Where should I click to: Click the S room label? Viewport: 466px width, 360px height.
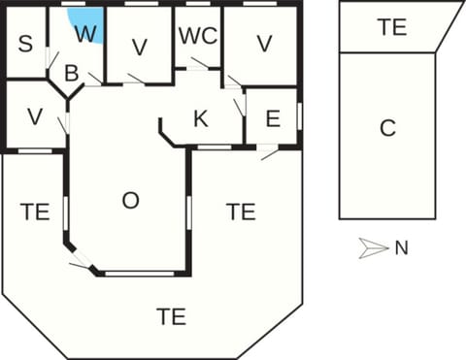(25, 44)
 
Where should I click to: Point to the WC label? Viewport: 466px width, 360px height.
(197, 36)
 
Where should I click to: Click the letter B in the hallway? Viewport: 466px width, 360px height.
(71, 73)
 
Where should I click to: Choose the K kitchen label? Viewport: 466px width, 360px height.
(201, 119)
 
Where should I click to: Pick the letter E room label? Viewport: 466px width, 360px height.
(272, 119)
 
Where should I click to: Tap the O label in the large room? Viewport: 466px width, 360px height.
(130, 201)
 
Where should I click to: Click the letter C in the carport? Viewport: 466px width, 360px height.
(387, 128)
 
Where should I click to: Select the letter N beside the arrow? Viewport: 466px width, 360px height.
(401, 248)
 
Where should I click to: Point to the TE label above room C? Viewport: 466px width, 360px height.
(392, 28)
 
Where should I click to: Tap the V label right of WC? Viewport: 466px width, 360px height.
(262, 44)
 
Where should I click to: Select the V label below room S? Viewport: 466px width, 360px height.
(35, 116)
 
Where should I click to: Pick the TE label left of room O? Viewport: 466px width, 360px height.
(35, 210)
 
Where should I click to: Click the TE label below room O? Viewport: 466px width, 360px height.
(171, 315)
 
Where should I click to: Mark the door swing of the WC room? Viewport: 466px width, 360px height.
(200, 64)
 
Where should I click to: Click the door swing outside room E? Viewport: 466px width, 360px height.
(270, 153)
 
